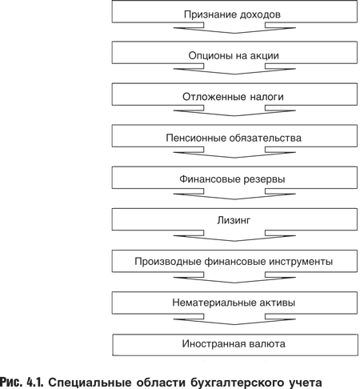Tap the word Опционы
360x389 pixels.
(207, 56)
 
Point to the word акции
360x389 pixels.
(265, 56)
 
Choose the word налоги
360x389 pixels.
(267, 97)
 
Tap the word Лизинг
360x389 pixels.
(234, 220)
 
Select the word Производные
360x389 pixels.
(168, 262)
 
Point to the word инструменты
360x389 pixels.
(301, 262)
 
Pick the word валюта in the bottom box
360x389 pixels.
(267, 343)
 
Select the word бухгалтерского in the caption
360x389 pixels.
(237, 383)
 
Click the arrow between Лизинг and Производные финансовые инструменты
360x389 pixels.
(234, 236)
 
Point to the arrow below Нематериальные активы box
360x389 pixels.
(234, 319)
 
